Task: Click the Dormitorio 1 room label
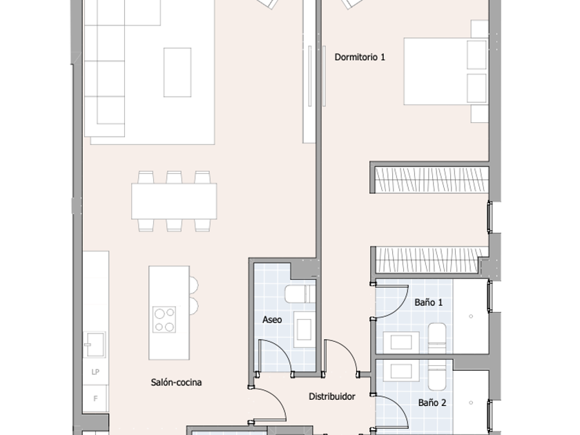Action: click(360, 57)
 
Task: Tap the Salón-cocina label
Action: click(176, 382)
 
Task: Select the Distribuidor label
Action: click(332, 396)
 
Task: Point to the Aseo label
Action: click(272, 320)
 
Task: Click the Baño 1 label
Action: click(428, 302)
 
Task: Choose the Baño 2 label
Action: click(432, 403)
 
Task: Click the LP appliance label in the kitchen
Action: click(95, 371)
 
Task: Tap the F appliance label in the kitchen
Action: click(95, 399)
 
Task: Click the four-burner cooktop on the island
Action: click(164, 320)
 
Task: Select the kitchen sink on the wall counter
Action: click(95, 345)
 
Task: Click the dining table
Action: click(174, 201)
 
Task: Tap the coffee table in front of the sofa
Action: click(177, 72)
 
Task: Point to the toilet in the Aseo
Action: click(300, 293)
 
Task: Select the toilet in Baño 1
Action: click(437, 338)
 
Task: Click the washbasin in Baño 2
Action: click(401, 371)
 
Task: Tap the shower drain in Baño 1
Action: click(471, 316)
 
